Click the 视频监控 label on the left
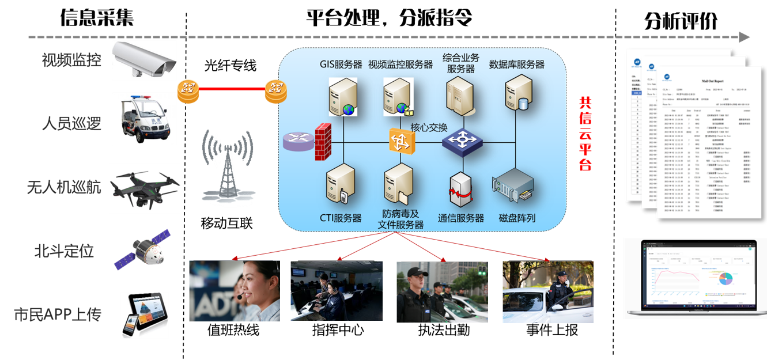coord(71,60)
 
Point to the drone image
coord(144,188)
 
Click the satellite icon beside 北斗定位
coord(142,249)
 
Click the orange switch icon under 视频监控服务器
coord(401,141)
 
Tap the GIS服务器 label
coord(341,65)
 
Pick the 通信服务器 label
coord(461,218)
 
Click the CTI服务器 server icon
coord(341,184)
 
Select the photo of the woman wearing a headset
coord(235,290)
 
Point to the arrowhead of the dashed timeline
coord(744,37)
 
